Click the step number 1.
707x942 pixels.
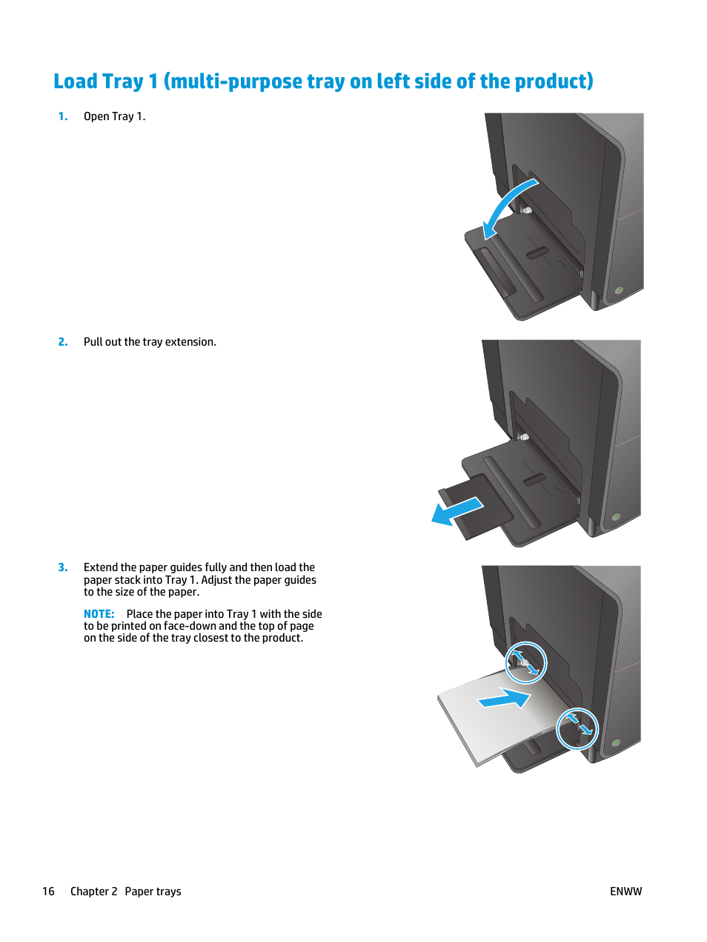tap(63, 116)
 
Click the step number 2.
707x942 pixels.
tap(63, 342)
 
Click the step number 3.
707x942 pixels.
tap(63, 567)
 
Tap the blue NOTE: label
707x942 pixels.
tap(99, 614)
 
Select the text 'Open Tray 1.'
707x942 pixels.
tap(114, 116)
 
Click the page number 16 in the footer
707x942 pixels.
tap(48, 892)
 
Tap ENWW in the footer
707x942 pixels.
tap(625, 892)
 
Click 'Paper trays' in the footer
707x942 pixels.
tap(153, 892)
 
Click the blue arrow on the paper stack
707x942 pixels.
tap(505, 699)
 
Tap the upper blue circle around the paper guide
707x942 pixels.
tap(525, 662)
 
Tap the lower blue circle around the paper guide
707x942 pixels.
tap(577, 728)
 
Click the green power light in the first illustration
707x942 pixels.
tap(619, 291)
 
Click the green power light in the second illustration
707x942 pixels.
tap(616, 517)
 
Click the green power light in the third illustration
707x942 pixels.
tap(616, 742)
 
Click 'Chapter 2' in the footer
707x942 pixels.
tap(93, 892)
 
